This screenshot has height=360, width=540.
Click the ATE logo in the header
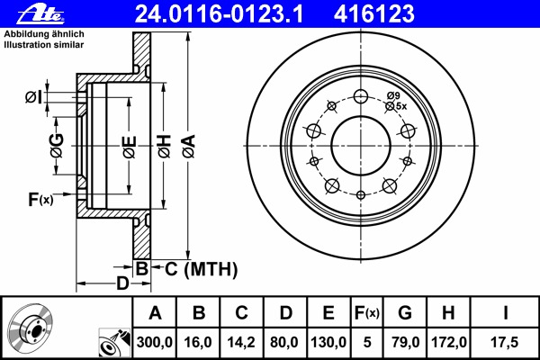tap(41, 14)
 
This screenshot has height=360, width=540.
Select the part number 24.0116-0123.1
tap(219, 13)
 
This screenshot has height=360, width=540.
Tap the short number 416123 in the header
tap(374, 13)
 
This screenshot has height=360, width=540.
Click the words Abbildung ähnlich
tap(44, 34)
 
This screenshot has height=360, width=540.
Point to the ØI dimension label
tap(33, 97)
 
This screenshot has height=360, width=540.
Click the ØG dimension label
tap(58, 146)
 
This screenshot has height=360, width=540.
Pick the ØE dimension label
tap(130, 147)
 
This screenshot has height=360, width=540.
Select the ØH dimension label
tap(165, 147)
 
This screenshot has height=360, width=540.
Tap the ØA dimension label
tap(189, 147)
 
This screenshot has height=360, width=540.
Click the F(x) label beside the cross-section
tap(40, 199)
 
